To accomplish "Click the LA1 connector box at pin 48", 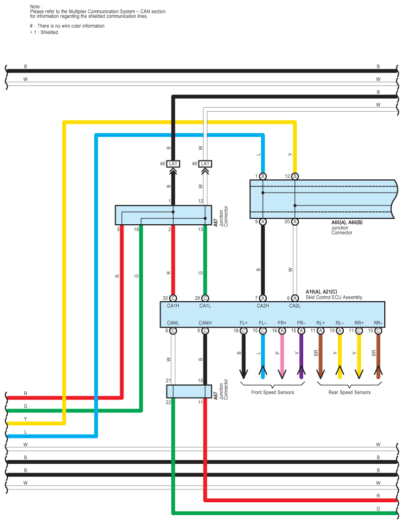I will (173, 163).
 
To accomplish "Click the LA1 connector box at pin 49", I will (205, 163).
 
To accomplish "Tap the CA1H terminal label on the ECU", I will (173, 306).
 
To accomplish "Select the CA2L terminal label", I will (295, 306).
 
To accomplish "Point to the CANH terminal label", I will (205, 323).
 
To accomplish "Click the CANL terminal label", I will (173, 323).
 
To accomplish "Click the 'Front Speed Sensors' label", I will (272, 393).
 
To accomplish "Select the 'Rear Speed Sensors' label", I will (349, 393).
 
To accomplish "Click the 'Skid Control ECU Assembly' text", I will (334, 297).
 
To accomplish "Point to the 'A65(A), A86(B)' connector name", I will (348, 223).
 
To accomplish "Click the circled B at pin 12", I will (295, 176).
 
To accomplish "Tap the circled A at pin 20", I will (295, 222).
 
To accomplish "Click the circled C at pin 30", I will (173, 298).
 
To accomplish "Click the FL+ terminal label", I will (243, 323).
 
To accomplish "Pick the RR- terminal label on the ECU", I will (378, 323).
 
